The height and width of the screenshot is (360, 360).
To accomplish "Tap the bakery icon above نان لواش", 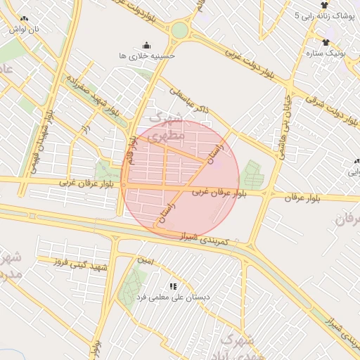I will coord(25,19).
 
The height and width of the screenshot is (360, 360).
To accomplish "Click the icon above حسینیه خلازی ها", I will coord(146,44).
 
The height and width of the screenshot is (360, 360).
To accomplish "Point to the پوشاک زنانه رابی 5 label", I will coord(325,15).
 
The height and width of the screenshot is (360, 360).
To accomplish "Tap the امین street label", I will coord(145,260).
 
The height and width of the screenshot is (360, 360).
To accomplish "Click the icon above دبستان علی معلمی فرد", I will coord(173,285).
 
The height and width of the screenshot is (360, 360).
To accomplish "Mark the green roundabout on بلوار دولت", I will coord(180,30).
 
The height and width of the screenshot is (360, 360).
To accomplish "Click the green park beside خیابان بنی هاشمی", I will coord(250,174).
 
